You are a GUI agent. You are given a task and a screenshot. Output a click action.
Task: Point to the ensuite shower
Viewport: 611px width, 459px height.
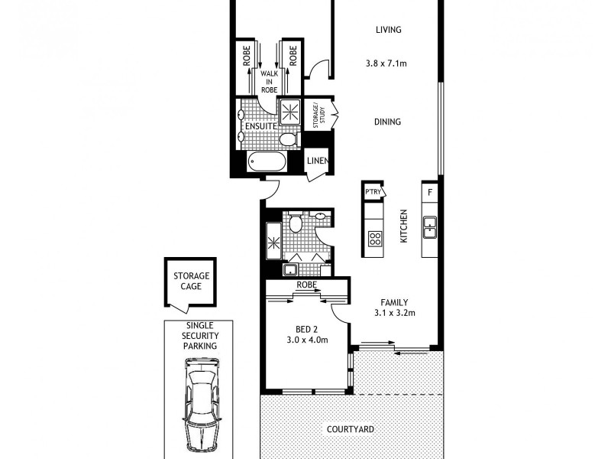click(x=291, y=112)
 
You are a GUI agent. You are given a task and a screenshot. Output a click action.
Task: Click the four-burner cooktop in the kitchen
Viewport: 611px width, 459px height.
click(x=375, y=238)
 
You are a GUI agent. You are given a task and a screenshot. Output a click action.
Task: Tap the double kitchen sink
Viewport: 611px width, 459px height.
click(x=430, y=226)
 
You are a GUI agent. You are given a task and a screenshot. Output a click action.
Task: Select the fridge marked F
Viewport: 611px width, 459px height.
click(x=430, y=192)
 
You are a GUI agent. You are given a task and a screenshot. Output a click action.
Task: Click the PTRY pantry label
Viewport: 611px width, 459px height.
click(x=373, y=192)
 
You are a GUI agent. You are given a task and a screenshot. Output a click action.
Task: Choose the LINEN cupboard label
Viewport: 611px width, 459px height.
click(x=317, y=161)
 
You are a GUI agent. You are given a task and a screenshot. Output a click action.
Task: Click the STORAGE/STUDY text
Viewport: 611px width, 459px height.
click(x=318, y=116)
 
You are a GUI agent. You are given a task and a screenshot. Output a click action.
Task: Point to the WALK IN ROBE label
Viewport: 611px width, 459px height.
click(x=269, y=81)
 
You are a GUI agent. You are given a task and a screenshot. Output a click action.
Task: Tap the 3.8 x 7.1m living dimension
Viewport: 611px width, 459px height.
click(x=386, y=64)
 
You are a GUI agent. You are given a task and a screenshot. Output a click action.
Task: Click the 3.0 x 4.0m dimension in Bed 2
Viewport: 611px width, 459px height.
click(x=307, y=340)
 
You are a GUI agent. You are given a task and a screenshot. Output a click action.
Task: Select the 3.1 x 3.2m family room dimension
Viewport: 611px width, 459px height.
click(x=395, y=313)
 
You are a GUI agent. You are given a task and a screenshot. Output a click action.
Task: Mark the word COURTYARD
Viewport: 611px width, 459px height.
click(x=351, y=429)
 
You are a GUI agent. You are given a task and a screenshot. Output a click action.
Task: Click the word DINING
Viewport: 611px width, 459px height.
click(x=387, y=122)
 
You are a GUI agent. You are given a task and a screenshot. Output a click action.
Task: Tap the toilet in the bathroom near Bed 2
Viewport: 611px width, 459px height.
click(x=296, y=223)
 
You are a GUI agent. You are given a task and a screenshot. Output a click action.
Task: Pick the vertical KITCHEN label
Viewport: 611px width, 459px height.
click(x=405, y=227)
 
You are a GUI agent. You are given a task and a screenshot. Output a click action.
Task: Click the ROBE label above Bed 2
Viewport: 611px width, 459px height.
click(x=307, y=285)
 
